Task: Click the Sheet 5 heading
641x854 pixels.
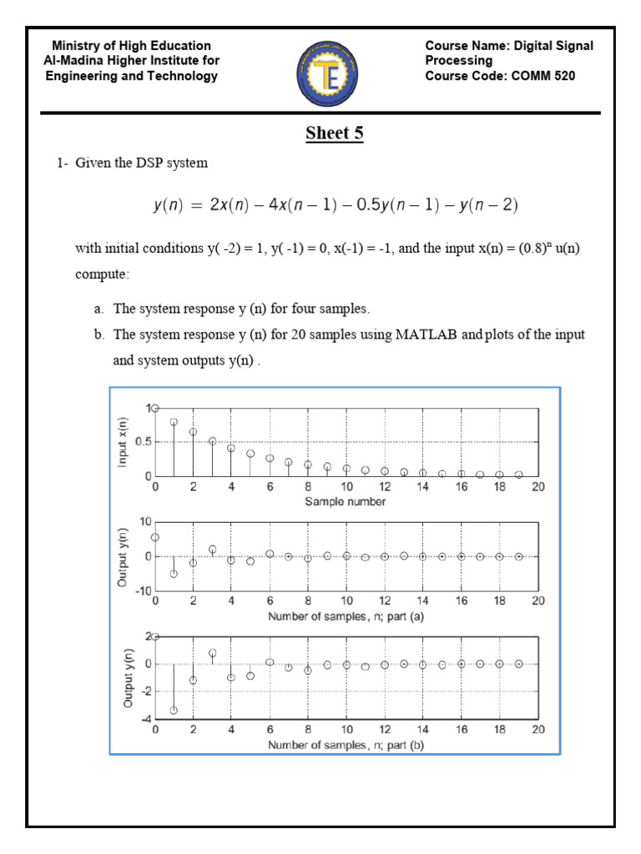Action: point(334,133)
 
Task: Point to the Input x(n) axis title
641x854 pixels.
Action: point(124,442)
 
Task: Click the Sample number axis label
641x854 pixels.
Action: point(345,501)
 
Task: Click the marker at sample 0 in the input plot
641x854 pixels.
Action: point(155,408)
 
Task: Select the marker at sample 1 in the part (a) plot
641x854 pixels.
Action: point(174,574)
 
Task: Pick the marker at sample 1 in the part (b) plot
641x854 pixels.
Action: point(174,711)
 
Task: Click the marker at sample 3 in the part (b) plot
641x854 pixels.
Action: point(212,653)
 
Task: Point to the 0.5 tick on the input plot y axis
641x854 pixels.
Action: point(140,442)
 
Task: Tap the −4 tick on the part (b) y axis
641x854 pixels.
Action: point(143,719)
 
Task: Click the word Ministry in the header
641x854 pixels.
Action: point(77,46)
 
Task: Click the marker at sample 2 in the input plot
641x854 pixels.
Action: point(193,432)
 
